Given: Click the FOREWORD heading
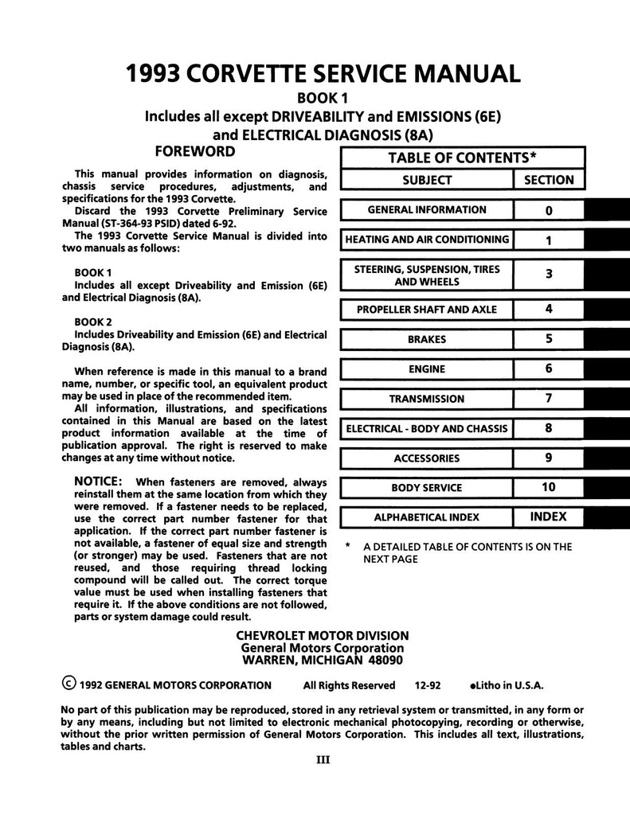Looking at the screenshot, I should click(194, 151).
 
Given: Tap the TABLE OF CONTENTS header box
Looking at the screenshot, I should click(462, 158).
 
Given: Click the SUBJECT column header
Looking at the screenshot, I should click(427, 180).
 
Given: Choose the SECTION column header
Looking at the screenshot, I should click(549, 180).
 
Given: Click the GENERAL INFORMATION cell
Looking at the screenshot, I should click(427, 210).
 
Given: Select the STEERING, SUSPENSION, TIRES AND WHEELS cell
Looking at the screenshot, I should click(427, 275).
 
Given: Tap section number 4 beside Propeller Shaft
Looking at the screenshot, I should click(549, 310).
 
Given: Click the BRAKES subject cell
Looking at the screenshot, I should click(427, 340).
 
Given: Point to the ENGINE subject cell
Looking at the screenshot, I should click(427, 369).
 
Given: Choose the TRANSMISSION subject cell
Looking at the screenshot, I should click(427, 399).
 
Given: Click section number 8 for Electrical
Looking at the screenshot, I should click(549, 428).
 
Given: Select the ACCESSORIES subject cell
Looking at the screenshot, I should click(427, 458).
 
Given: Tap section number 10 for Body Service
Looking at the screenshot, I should click(549, 487).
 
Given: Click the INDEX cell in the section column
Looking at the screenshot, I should click(549, 517).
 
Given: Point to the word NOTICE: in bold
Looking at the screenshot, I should click(98, 482).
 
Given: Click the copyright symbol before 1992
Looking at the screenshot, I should click(69, 684).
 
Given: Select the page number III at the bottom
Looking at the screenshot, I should click(323, 759).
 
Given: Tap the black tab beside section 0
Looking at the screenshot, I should click(607, 210).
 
